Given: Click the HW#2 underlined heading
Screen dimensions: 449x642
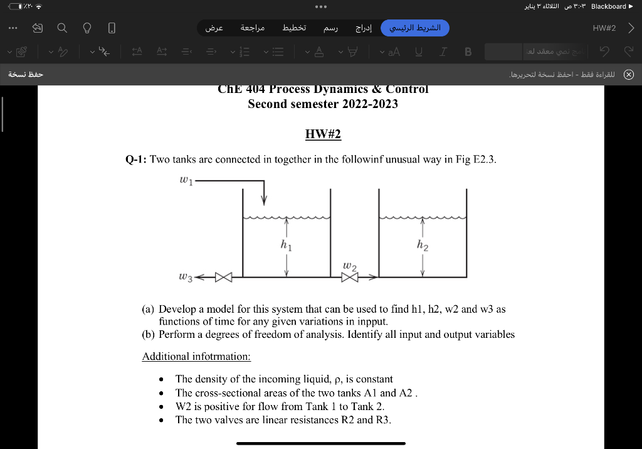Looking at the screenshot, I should point(322,134).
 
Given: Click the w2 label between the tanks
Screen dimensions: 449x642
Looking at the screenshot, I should point(350,267).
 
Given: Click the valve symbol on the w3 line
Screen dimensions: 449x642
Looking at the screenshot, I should point(224,277).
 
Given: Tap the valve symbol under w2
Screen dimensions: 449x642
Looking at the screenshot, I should point(349,277).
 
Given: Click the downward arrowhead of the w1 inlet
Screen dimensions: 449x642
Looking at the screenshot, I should point(264,200).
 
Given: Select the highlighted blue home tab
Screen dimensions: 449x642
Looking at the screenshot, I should point(415,28).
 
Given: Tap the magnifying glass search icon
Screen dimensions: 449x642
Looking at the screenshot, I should point(61,28).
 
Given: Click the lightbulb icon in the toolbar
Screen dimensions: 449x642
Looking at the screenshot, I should point(87,28).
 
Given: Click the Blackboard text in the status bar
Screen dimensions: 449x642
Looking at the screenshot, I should point(608,6).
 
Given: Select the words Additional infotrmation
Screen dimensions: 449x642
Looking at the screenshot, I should point(196,356).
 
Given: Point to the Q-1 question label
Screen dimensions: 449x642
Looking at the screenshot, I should point(136,160).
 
